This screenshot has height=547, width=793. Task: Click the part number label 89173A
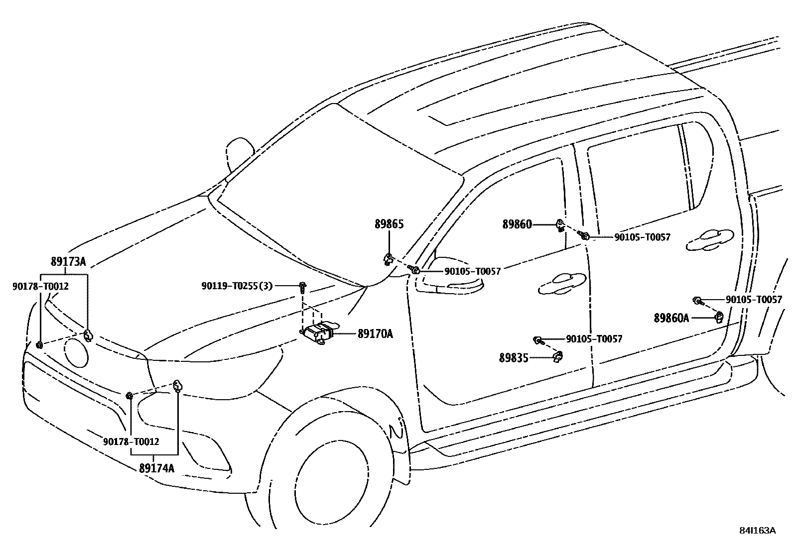68,262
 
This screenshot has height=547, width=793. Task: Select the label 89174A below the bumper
156,468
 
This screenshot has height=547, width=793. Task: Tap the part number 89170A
375,334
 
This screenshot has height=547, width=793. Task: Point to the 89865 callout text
389,224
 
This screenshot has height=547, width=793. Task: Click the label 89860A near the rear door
671,318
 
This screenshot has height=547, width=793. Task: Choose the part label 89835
514,357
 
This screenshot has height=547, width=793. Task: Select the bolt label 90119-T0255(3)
237,286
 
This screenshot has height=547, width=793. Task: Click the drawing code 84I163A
757,531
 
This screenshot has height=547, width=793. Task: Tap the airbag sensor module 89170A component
318,332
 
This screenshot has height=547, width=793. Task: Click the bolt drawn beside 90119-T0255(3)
302,286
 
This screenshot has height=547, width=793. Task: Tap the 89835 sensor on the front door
558,356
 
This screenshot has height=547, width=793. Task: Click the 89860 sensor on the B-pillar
560,226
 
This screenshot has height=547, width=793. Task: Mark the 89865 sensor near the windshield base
388,259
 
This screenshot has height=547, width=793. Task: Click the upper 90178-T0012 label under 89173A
40,286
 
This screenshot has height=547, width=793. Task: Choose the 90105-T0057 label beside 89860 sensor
642,237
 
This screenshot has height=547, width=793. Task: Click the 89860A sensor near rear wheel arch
719,317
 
